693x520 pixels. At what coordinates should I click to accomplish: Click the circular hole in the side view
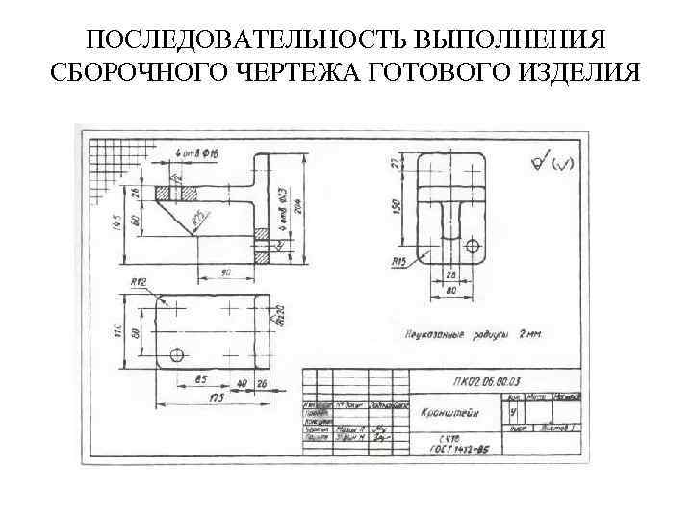click(x=472, y=245)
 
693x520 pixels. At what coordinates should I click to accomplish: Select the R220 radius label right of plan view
click(x=279, y=317)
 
